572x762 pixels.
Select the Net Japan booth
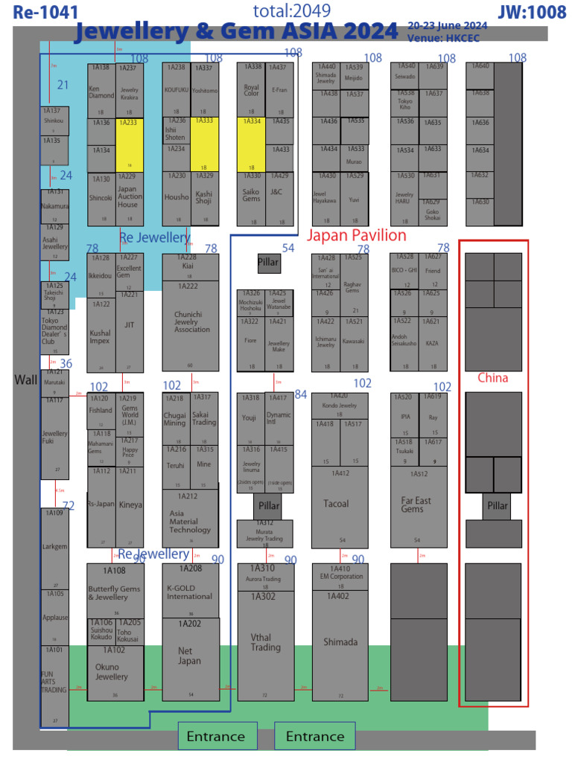190,659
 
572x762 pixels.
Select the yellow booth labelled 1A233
130,144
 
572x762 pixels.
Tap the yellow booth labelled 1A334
251,144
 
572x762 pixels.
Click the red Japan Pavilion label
357,236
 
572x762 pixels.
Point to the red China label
492,378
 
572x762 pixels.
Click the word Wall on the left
25,380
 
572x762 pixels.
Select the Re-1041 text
45,12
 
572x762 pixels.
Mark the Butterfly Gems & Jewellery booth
115,591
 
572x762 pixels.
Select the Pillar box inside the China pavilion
497,506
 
